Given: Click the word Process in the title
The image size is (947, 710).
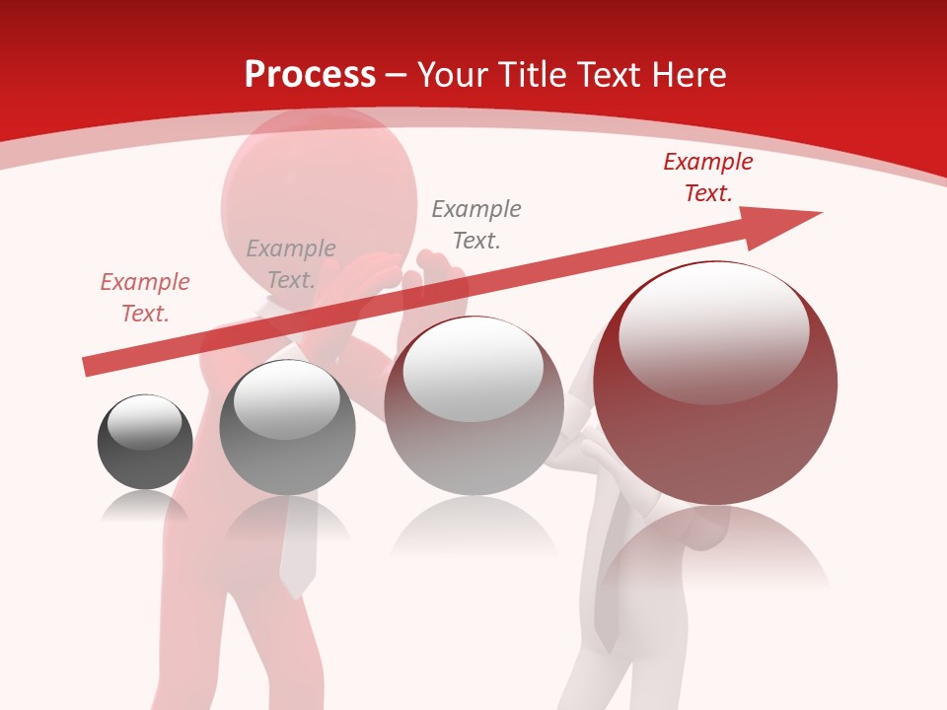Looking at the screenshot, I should coord(310,74).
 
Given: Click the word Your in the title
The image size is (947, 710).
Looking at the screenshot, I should coord(450,74).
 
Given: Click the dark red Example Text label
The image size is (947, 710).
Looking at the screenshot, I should coord(708,177).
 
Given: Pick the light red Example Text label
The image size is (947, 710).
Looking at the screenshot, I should coord(145,298).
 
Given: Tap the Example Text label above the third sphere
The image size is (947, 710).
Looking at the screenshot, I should coord(476,225).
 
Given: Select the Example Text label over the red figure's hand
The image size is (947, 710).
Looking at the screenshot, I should coord(291,264).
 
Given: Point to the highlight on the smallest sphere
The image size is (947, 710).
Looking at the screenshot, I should coord(144,422).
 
